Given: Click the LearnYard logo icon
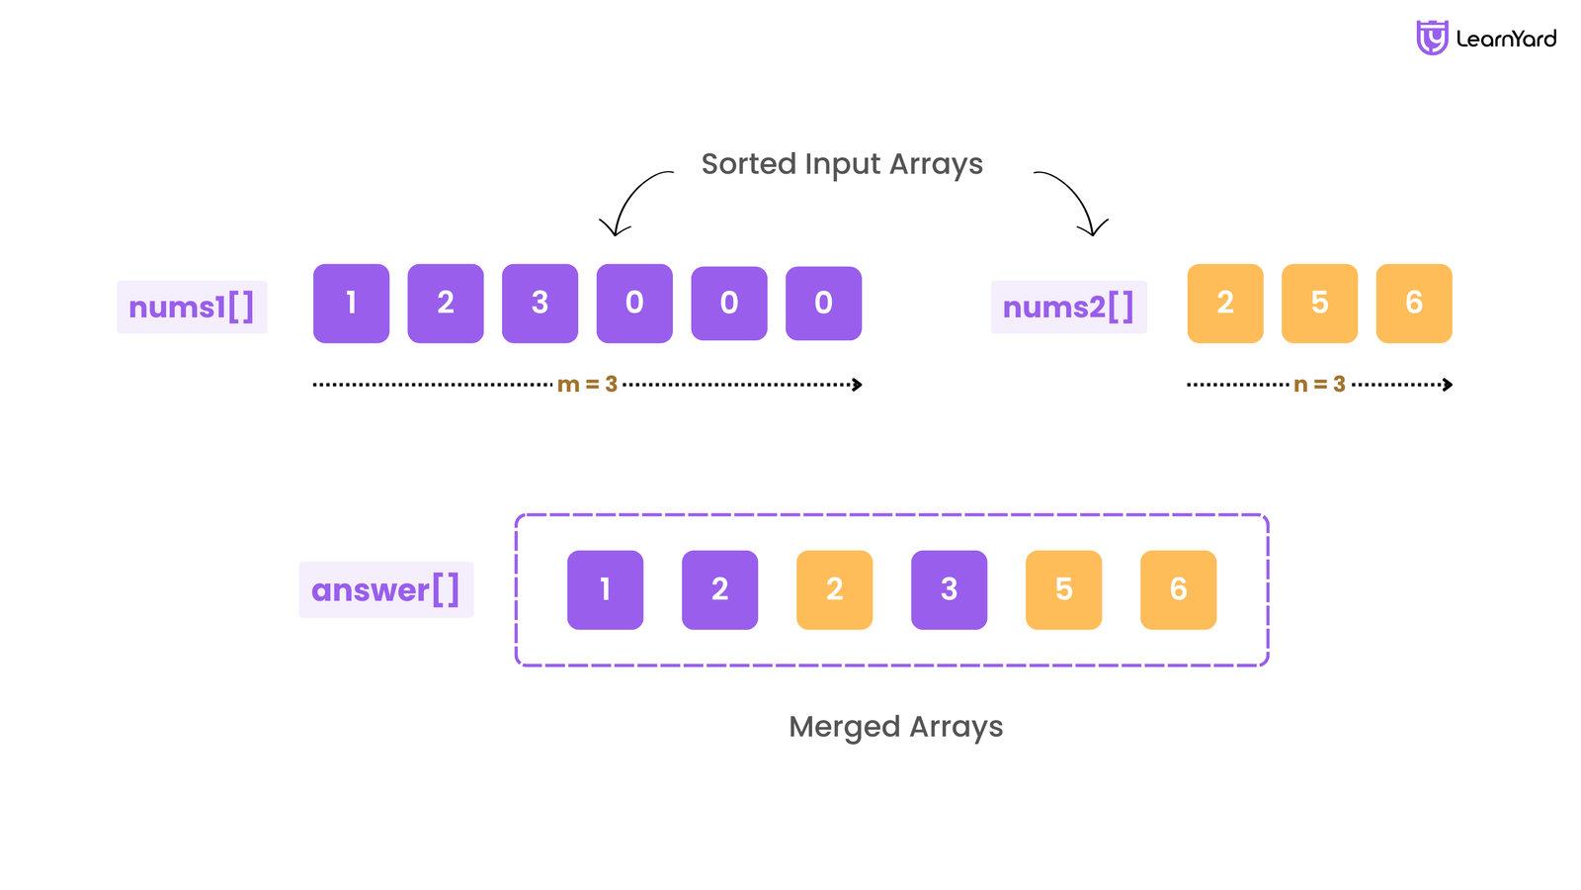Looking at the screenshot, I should pyautogui.click(x=1431, y=38).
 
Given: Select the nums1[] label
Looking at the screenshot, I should pyautogui.click(x=192, y=307).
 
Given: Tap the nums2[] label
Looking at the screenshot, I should pyautogui.click(x=1068, y=307).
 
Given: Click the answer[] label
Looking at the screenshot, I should pyautogui.click(x=385, y=589).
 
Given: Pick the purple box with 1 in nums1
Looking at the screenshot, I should pyautogui.click(x=351, y=303).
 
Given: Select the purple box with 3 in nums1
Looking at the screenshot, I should pyautogui.click(x=540, y=303).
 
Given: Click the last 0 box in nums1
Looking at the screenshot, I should pyautogui.click(x=823, y=303).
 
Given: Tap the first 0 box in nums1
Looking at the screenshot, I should pyautogui.click(x=634, y=303).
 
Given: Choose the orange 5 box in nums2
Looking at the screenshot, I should pyautogui.click(x=1319, y=303).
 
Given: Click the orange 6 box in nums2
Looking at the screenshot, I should pyautogui.click(x=1414, y=303).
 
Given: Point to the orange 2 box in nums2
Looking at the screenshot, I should pyautogui.click(x=1225, y=303).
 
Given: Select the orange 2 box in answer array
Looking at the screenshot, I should pyautogui.click(x=834, y=589).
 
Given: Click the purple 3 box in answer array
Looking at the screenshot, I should pyautogui.click(x=949, y=589).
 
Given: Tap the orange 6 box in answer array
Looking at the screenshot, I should pyautogui.click(x=1178, y=589).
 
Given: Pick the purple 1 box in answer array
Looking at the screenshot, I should pyautogui.click(x=605, y=589).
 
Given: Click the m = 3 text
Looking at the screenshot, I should pyautogui.click(x=587, y=384).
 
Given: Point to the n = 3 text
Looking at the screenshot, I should pyautogui.click(x=1319, y=384).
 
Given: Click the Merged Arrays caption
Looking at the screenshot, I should pyautogui.click(x=895, y=727).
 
